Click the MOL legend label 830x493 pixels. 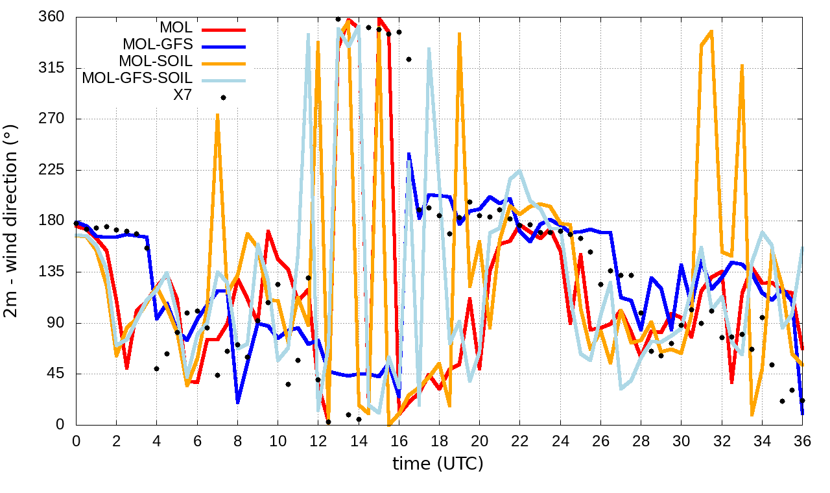click(175, 28)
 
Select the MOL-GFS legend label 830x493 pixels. click(158, 45)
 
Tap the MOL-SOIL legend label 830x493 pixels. click(156, 62)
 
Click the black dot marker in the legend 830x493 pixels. click(223, 97)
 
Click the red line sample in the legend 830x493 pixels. click(224, 29)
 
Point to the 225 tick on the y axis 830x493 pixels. click(51, 170)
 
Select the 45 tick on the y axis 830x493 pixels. click(55, 374)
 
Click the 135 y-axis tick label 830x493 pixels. click(51, 272)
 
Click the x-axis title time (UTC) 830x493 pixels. click(438, 464)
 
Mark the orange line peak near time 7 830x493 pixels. click(217, 115)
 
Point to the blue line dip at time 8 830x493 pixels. click(238, 402)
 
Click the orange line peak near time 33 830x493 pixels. click(742, 65)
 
